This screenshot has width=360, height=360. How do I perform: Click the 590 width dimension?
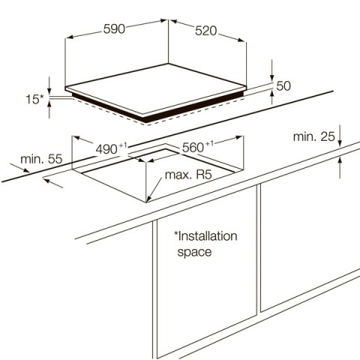114,28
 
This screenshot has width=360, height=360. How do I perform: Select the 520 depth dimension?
206,31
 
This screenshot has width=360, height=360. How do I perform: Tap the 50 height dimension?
283,86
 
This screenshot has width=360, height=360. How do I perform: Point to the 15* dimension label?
35,99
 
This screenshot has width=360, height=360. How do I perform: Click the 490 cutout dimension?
106,149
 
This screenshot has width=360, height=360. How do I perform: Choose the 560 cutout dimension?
193,148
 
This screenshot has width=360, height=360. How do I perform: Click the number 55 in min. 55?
55,159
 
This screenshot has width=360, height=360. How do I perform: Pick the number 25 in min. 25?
328,136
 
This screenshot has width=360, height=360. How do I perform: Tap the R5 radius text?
204,175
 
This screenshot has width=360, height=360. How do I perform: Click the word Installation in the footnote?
208,236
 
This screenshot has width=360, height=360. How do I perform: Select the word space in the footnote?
194,252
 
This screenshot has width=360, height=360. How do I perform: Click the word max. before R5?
178,175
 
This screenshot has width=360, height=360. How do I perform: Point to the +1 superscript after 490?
123,145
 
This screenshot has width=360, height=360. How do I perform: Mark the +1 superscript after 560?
210,143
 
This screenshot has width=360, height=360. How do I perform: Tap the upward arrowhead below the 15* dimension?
49,103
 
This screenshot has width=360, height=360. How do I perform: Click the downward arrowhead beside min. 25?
340,142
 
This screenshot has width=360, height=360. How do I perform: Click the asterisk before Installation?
176,234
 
